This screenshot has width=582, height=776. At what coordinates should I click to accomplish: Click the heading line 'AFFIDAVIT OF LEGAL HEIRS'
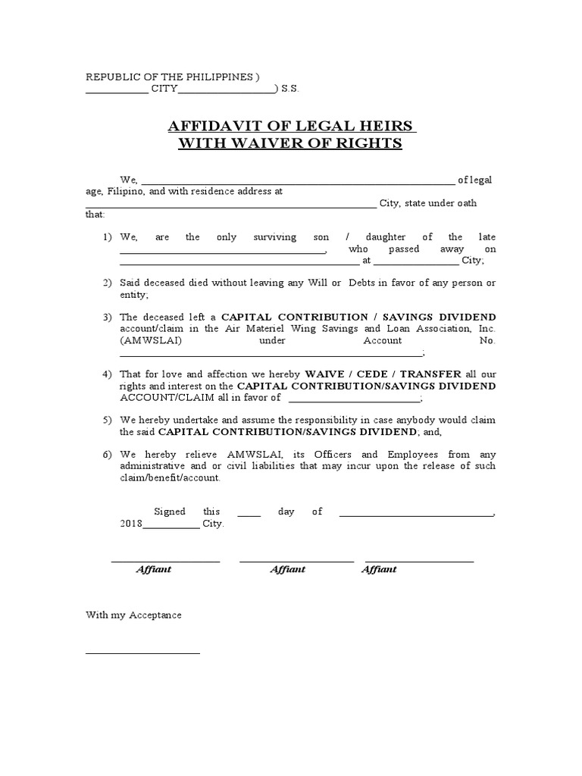pos(290,126)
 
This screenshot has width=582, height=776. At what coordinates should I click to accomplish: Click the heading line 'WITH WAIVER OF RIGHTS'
pos(290,143)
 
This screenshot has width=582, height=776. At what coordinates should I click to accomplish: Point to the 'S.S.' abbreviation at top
pos(290,89)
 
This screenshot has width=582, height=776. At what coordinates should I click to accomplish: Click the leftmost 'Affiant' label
pos(153,569)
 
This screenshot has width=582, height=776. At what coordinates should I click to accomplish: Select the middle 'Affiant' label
pos(287,569)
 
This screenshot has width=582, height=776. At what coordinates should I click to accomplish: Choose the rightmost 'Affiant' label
pos(379,569)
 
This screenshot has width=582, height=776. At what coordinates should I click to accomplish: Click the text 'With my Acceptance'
pos(133,615)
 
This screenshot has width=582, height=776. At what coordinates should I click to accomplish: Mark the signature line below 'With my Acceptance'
pos(142,652)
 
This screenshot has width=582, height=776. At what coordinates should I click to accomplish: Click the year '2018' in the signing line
pos(132,524)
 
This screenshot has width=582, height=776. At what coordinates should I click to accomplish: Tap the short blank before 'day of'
pos(249,515)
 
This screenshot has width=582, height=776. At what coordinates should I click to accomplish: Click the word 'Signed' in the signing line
pos(170,512)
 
